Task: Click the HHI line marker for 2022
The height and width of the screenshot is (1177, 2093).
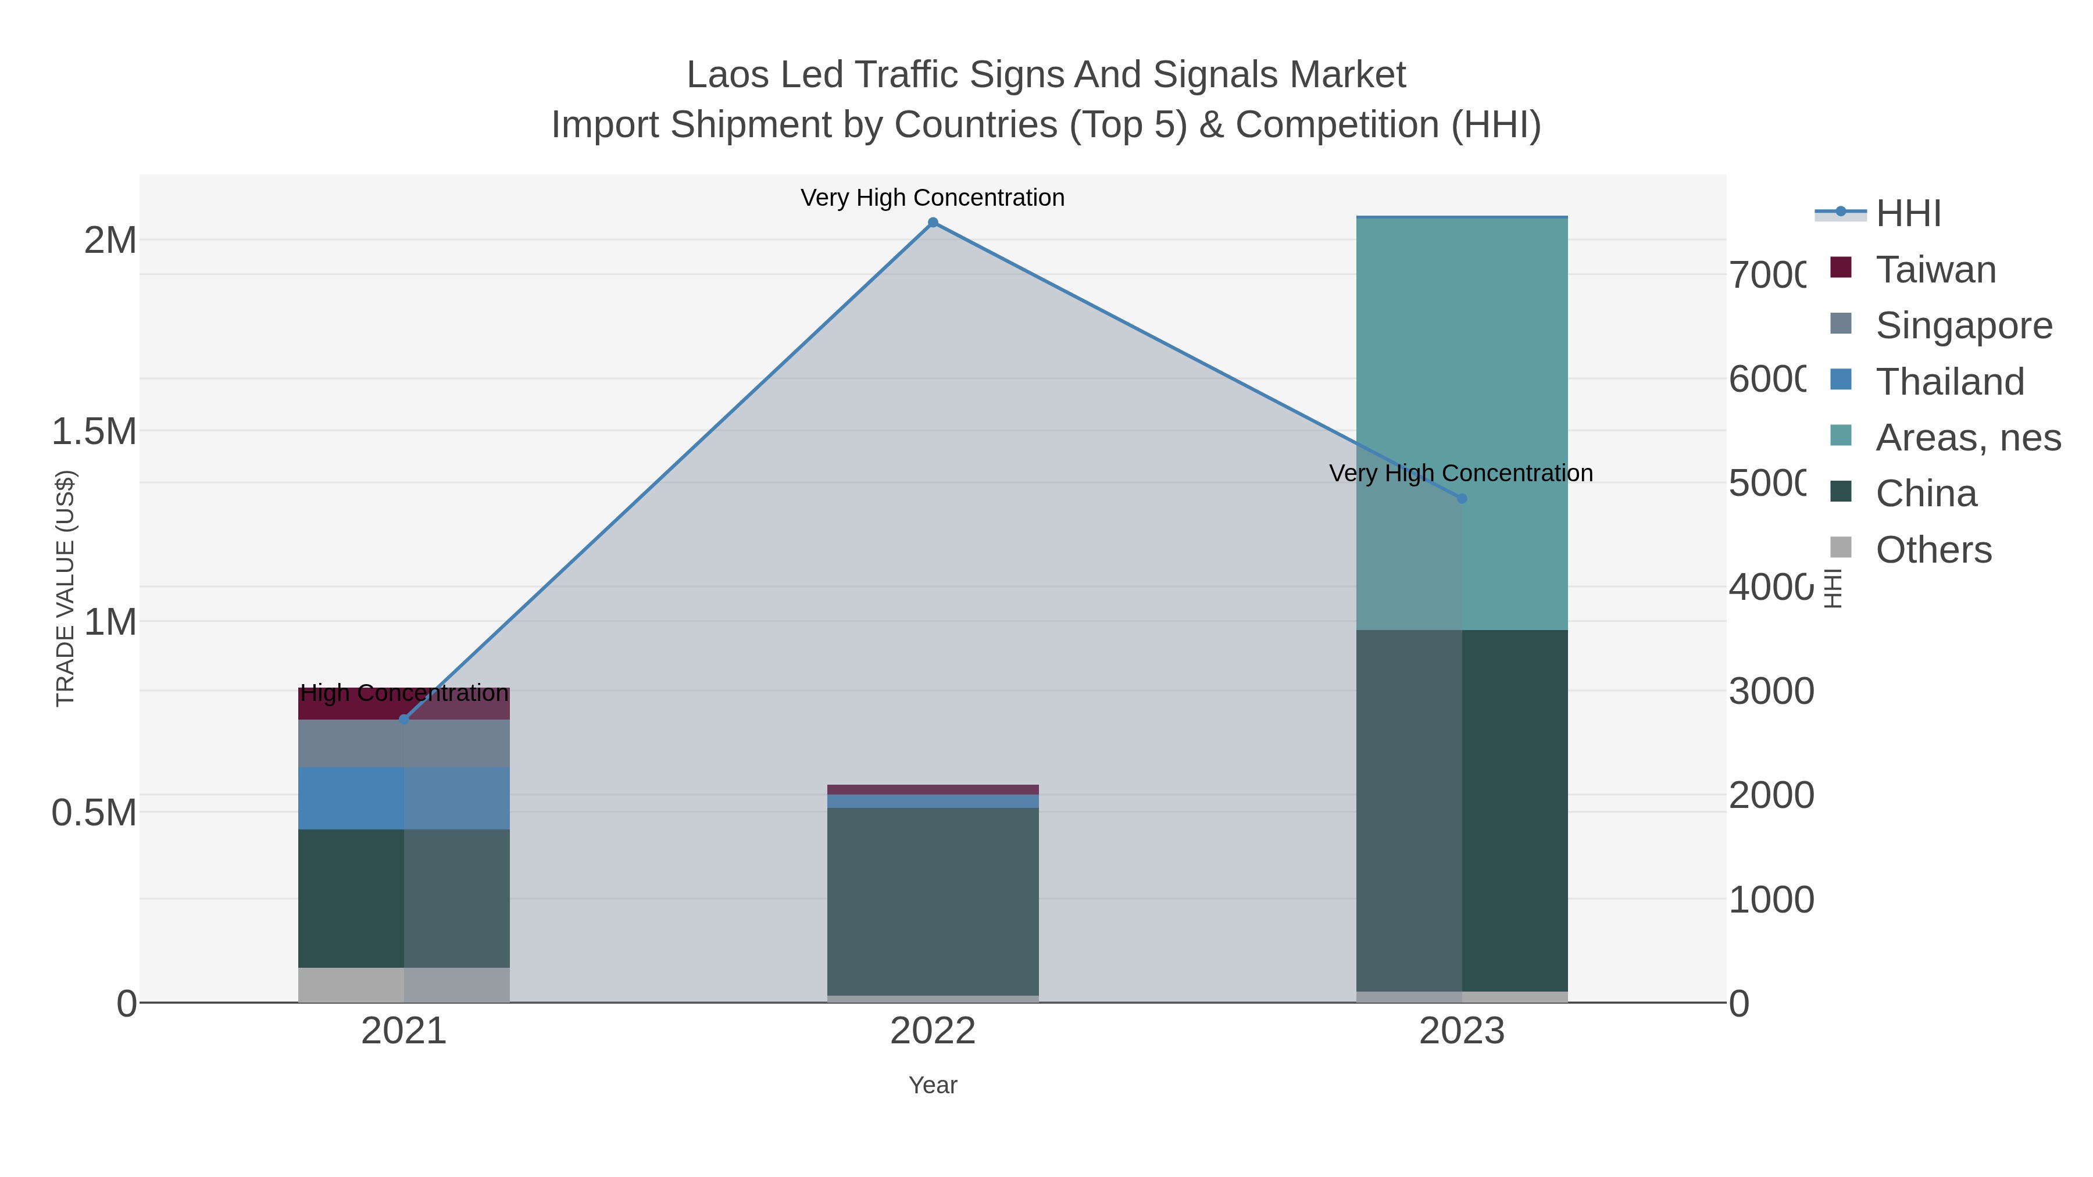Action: pyautogui.click(x=933, y=223)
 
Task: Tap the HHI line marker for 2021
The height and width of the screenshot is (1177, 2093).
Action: pyautogui.click(x=404, y=720)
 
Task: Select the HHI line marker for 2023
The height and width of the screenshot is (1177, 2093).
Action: pyautogui.click(x=1462, y=499)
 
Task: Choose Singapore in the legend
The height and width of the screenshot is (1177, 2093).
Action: pyautogui.click(x=1963, y=325)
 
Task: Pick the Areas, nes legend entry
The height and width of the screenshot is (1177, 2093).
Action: pyautogui.click(x=1967, y=438)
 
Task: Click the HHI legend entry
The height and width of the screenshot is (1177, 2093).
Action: pyautogui.click(x=1908, y=214)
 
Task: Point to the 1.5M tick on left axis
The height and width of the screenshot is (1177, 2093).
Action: pyautogui.click(x=94, y=431)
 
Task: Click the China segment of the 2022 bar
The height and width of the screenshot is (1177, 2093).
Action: pyautogui.click(x=933, y=901)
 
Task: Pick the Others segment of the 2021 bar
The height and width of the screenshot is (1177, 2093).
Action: pyautogui.click(x=404, y=985)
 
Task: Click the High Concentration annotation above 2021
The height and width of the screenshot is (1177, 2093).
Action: pyautogui.click(x=404, y=693)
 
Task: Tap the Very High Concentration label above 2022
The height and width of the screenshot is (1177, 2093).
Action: pyautogui.click(x=933, y=198)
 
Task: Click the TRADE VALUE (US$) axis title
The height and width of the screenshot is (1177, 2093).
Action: pyautogui.click(x=65, y=588)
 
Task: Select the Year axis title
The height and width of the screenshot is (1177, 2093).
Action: pyautogui.click(x=933, y=1085)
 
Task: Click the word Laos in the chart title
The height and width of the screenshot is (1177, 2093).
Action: pyautogui.click(x=728, y=75)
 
